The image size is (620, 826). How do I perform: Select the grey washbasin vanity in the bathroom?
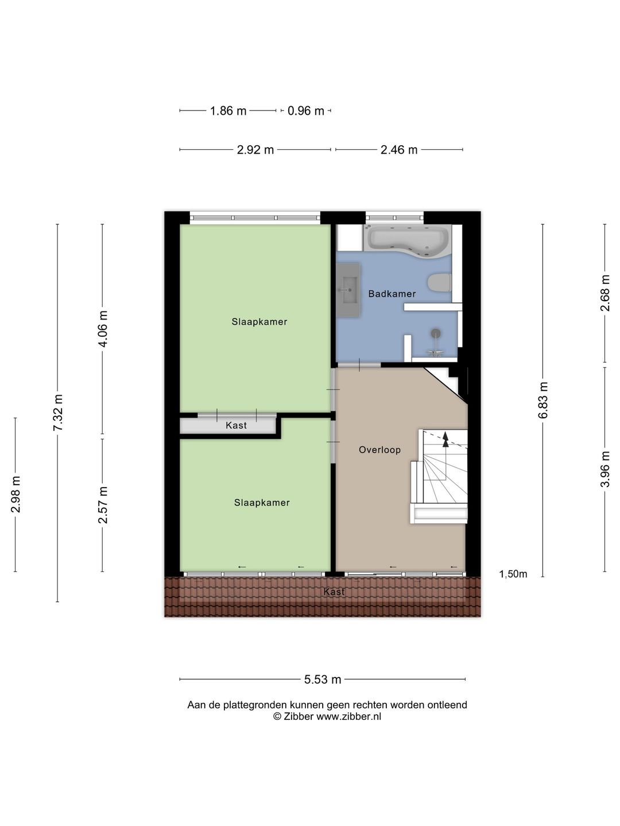348,290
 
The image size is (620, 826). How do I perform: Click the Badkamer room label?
392,294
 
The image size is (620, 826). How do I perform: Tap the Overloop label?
379,450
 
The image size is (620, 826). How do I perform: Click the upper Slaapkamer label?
259,322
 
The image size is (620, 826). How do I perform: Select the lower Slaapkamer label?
262,502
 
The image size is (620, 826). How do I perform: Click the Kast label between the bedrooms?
236,426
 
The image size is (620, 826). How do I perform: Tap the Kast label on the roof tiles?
334,591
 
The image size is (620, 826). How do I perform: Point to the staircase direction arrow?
445,439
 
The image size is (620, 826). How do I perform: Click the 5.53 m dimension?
323,680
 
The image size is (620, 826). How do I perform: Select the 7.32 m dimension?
57,413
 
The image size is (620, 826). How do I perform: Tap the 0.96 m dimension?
306,111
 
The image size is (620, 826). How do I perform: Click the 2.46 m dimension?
399,150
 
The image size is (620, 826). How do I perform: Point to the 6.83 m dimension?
543,400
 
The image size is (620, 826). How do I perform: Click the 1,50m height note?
513,574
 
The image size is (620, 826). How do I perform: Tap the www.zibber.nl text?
348,716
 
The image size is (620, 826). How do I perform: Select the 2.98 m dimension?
15,494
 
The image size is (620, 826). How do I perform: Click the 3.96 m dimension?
604,469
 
